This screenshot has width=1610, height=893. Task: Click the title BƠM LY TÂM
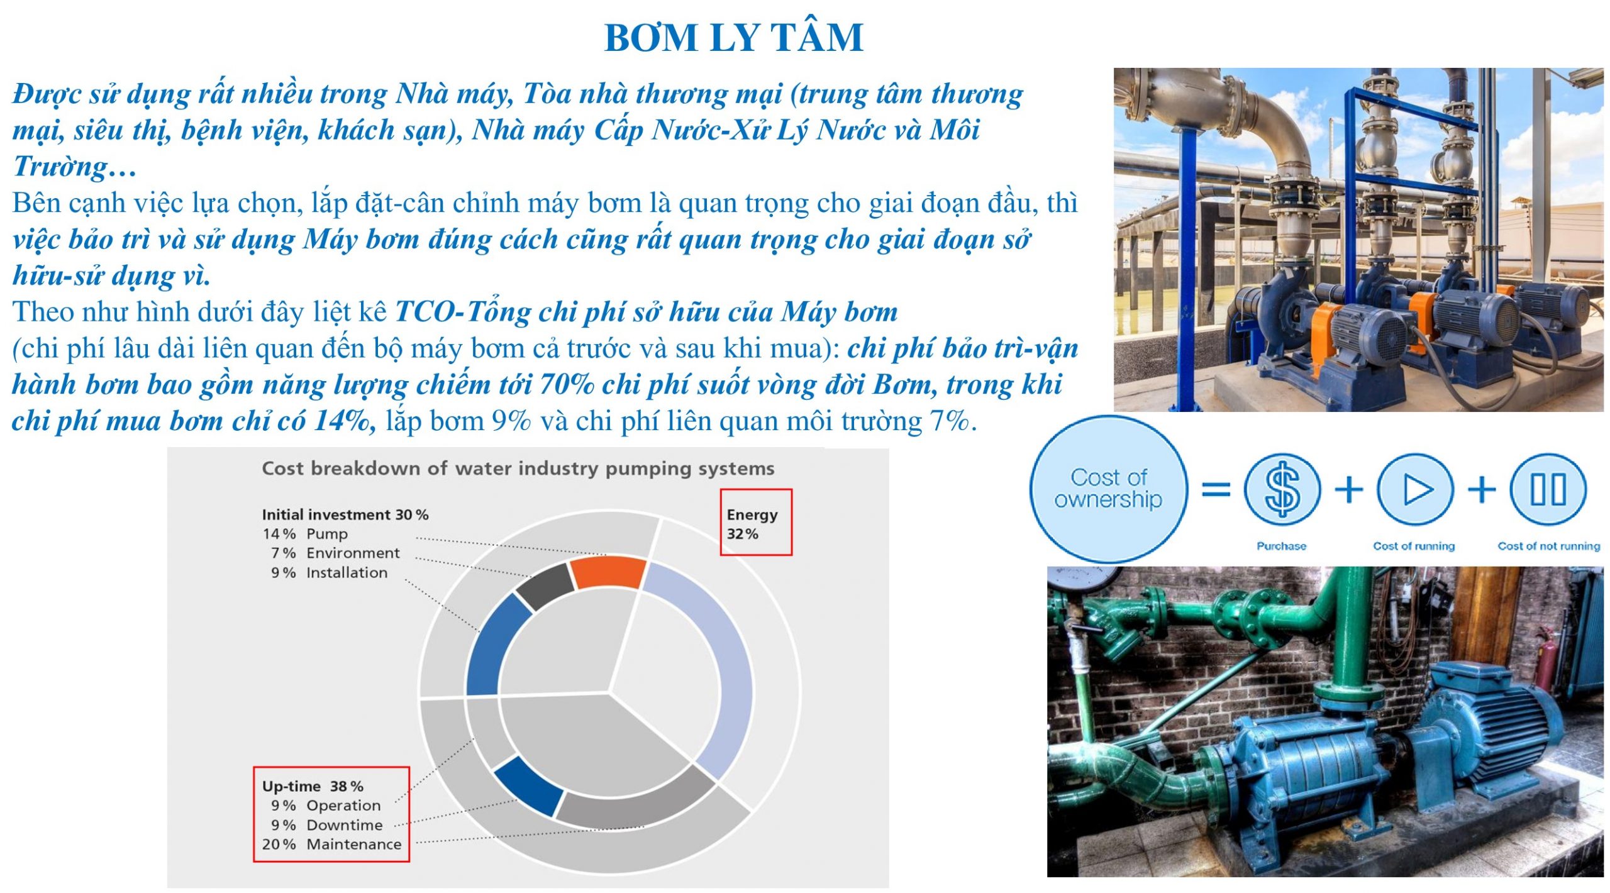[x=733, y=37]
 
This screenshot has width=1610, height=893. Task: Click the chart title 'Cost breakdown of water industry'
[x=518, y=469]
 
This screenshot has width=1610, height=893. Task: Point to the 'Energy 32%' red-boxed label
[x=755, y=523]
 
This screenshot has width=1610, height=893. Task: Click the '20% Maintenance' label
[x=331, y=844]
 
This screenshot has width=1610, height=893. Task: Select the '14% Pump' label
[x=305, y=534]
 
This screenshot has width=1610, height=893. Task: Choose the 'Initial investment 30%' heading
[x=345, y=514]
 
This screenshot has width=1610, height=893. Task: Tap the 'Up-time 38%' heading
[x=313, y=786]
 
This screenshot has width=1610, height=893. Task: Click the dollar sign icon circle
[x=1282, y=489]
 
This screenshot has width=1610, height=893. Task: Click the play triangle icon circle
[x=1415, y=489]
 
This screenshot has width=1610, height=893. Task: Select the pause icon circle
[x=1548, y=489]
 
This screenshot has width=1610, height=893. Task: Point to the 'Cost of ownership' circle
[x=1109, y=488]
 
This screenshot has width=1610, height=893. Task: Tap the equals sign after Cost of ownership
[x=1216, y=489]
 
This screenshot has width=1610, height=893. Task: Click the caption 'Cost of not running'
[x=1549, y=546]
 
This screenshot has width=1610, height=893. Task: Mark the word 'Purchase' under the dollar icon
[x=1281, y=546]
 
